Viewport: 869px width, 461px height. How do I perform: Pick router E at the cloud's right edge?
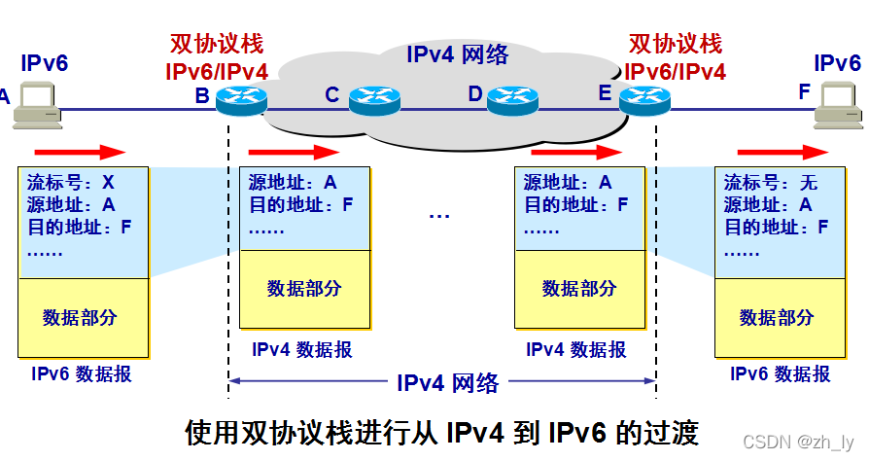pos(641,98)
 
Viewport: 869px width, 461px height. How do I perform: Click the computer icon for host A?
pos(36,105)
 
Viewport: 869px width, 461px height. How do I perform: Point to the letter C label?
pos(331,95)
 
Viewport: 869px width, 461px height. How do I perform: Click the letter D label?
pos(475,94)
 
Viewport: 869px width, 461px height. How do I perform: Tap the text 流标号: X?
pos(71,183)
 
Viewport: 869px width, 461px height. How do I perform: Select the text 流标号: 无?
pos(771,183)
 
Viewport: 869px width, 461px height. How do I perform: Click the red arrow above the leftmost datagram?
pos(80,152)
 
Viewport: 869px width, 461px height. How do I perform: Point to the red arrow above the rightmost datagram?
pos(782,152)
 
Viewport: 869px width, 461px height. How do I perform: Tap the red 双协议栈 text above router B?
pos(217,45)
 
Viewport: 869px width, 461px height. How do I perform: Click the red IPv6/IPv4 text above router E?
pos(676,70)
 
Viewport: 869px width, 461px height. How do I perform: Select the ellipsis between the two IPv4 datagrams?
pos(439,215)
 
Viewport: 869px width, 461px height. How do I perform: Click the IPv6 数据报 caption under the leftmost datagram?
pos(82,374)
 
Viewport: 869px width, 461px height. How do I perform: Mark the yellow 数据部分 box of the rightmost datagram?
pos(776,316)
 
